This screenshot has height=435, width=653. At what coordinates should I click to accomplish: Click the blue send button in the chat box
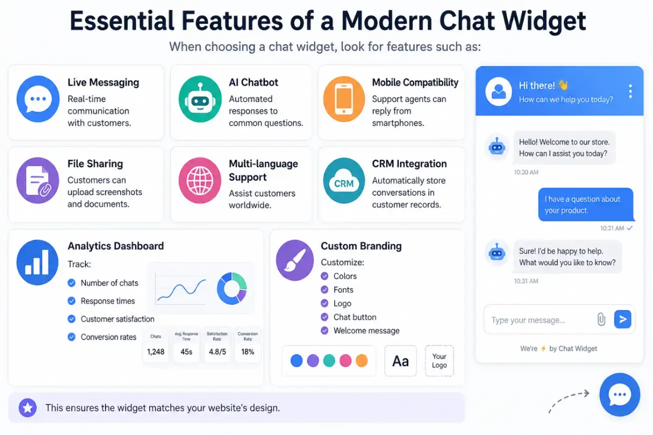click(x=623, y=319)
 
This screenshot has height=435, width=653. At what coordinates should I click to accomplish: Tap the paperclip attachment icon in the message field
click(x=601, y=319)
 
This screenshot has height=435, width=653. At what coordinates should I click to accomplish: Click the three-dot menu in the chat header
click(x=630, y=91)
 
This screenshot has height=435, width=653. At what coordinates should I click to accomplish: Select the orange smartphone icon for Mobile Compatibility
click(x=344, y=99)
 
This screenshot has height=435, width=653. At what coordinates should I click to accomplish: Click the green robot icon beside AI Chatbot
click(x=200, y=99)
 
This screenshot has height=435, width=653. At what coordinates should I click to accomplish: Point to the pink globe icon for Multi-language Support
click(x=200, y=180)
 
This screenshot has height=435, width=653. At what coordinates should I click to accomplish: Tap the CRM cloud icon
click(x=344, y=180)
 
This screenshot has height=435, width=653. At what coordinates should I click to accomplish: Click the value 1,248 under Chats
click(x=156, y=352)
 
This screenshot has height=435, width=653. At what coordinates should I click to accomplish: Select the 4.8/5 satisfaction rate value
click(x=217, y=352)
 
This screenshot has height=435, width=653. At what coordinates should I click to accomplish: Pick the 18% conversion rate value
click(x=247, y=352)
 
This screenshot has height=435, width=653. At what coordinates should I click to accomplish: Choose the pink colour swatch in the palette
click(x=345, y=361)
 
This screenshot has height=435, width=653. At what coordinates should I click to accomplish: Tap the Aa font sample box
click(x=401, y=361)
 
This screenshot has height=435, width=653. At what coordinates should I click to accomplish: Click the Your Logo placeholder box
click(x=439, y=361)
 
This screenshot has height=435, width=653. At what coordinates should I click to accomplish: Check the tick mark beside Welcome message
click(x=324, y=331)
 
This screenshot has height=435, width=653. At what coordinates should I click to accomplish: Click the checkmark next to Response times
click(x=71, y=301)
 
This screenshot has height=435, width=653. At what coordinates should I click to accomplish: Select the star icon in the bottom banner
click(x=27, y=408)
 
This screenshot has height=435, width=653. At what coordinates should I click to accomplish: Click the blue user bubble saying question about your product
click(x=586, y=205)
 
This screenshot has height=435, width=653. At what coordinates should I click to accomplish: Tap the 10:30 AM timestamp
click(x=526, y=172)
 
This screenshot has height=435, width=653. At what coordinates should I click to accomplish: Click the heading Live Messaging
click(x=103, y=82)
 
